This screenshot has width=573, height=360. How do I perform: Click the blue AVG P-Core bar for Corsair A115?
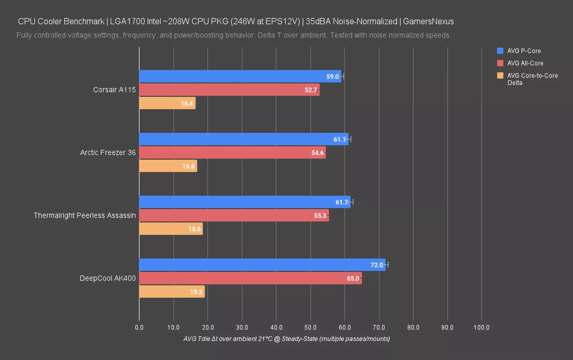(240, 76)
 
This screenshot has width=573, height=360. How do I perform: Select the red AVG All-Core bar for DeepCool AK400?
(250, 278)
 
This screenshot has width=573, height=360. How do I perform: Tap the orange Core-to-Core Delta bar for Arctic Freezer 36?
(168, 166)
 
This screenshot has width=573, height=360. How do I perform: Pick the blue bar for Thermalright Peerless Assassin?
(244, 202)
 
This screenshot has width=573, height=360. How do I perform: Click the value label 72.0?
(377, 265)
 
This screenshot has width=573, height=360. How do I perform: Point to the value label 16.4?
(187, 104)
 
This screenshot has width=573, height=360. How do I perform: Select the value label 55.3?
(320, 216)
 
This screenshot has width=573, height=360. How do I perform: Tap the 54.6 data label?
(317, 153)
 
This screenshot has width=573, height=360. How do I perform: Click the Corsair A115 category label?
(114, 90)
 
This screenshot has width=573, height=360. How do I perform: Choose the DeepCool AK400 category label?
(108, 278)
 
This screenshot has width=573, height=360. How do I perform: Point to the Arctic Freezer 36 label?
(108, 152)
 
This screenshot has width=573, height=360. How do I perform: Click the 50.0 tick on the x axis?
(310, 327)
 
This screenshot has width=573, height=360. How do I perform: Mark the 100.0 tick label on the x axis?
(481, 327)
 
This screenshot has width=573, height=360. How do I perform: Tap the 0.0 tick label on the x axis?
(139, 327)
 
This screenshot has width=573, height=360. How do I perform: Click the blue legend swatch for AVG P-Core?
(500, 51)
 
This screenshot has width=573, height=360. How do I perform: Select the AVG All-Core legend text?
(525, 63)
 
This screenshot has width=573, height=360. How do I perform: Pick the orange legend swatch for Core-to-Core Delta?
(500, 76)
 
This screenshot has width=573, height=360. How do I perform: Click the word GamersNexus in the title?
(428, 21)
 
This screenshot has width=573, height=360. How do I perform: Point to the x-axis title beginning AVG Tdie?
(287, 339)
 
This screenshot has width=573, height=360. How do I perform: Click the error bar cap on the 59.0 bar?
(343, 76)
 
